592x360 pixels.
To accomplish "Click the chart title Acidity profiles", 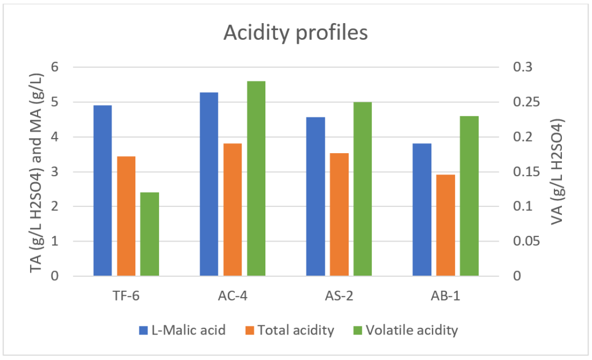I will (295, 33).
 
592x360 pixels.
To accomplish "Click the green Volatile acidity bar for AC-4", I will (256, 179).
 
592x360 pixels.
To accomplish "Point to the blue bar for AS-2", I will (316, 196).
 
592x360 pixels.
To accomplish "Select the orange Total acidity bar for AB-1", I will (445, 225).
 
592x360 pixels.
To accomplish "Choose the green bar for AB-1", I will (469, 196).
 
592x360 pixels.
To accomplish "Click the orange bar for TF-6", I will (126, 216).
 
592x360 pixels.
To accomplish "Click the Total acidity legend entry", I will (295, 331).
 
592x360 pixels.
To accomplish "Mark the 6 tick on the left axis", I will (71, 67).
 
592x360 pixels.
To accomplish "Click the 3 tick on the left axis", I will (71, 172).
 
